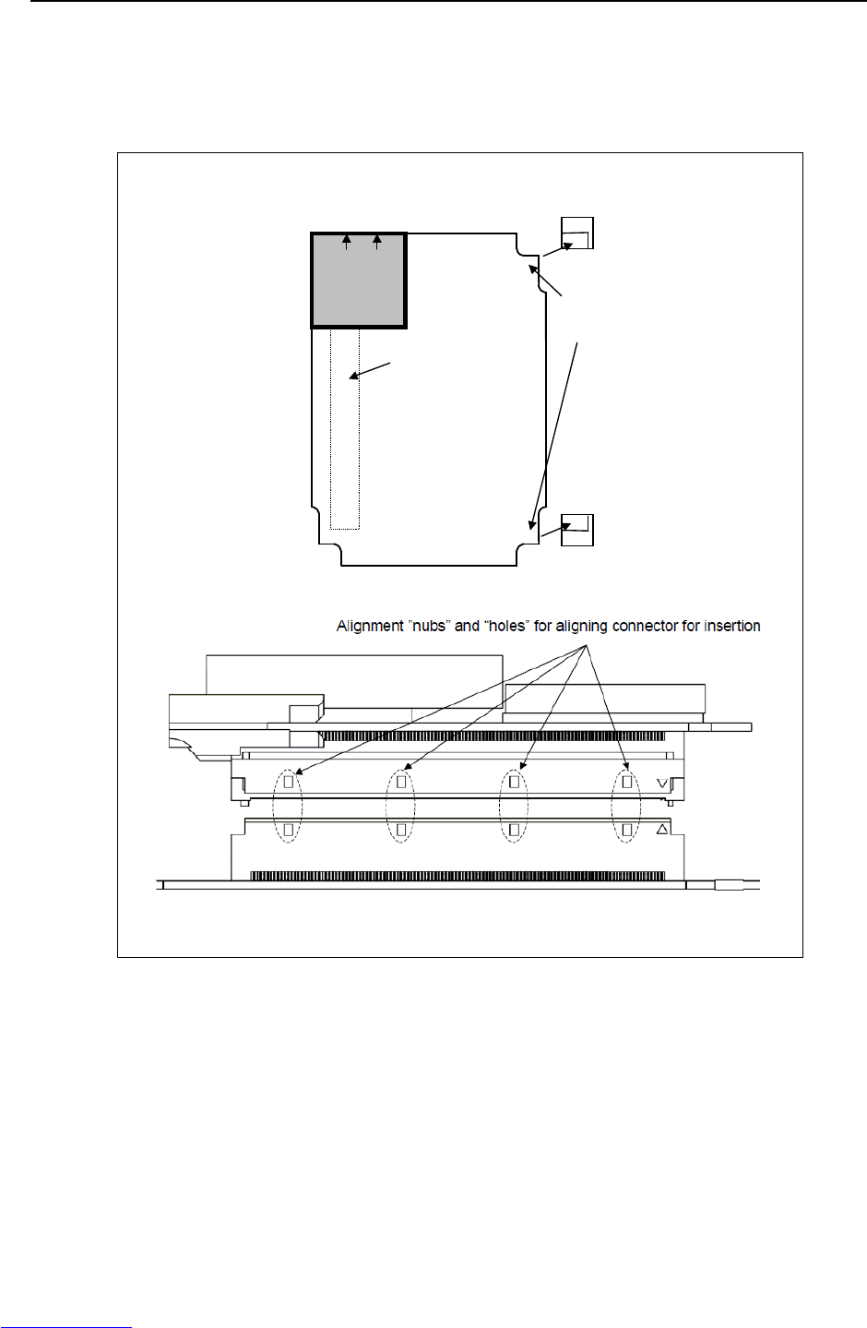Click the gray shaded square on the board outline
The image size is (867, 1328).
point(359,281)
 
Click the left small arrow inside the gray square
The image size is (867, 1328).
point(347,242)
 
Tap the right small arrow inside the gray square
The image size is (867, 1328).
point(377,242)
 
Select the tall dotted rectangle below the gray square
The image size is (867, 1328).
point(345,430)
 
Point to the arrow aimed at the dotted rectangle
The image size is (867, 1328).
point(371,370)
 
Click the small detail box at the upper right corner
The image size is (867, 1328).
point(577,233)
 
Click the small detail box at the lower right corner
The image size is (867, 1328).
point(577,530)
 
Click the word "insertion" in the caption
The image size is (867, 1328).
point(732,626)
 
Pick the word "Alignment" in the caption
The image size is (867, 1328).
point(369,626)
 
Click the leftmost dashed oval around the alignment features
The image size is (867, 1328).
point(288,806)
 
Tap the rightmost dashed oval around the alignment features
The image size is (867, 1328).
point(627,806)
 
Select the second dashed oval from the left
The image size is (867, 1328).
point(400,806)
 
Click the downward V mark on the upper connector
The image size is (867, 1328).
point(661,783)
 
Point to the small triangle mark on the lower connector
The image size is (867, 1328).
point(661,830)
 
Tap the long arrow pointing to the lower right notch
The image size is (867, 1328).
point(555,434)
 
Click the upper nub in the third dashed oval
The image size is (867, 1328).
point(514,782)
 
